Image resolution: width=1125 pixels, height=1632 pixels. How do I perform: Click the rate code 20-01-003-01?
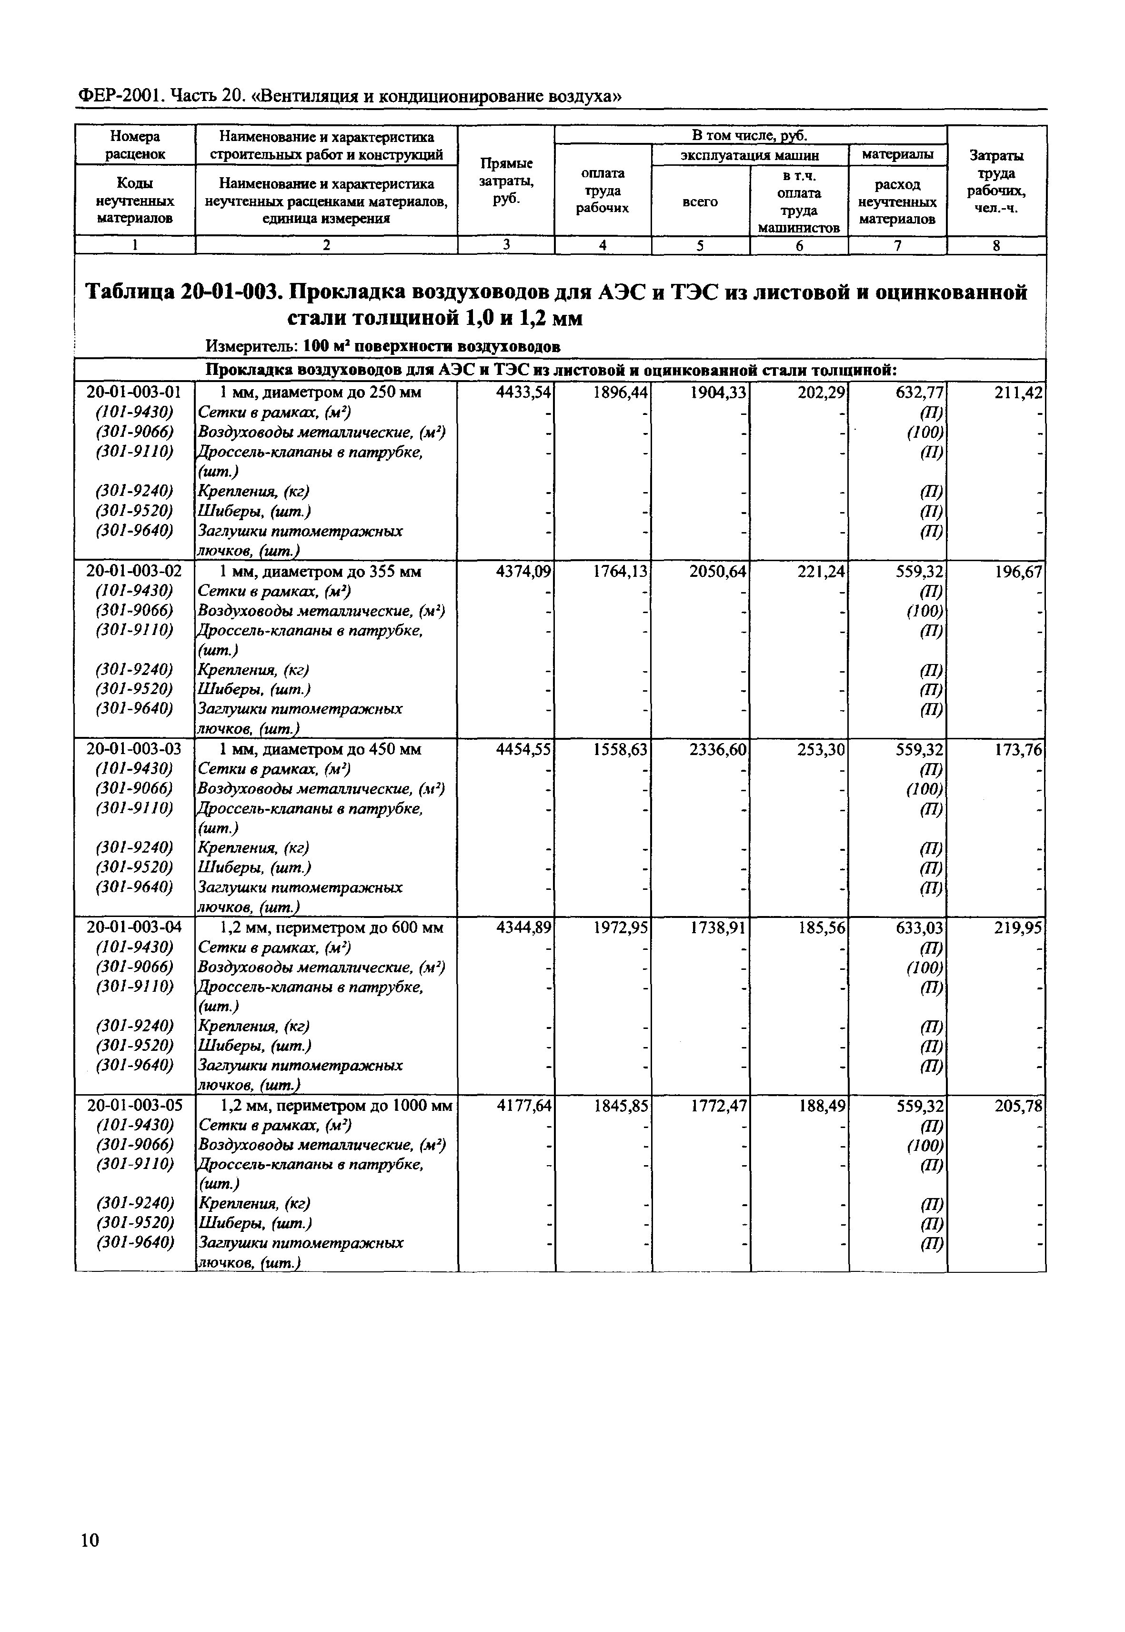click(x=134, y=393)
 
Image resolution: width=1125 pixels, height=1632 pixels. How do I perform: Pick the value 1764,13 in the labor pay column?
click(x=620, y=571)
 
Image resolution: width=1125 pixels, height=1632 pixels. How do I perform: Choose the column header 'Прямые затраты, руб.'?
click(x=506, y=181)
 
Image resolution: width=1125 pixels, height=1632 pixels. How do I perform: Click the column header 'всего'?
click(x=700, y=201)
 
